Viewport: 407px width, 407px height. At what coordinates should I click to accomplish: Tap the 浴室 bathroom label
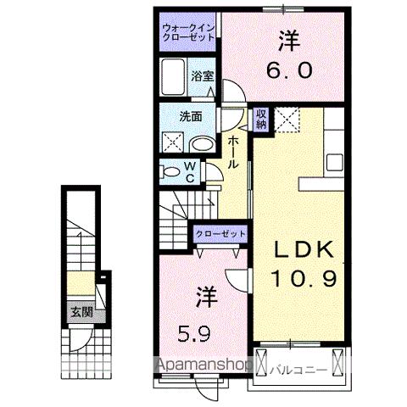pos(202,75)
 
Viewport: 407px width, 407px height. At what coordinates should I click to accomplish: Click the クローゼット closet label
pos(220,233)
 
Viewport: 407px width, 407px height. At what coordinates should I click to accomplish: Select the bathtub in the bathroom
pos(174,78)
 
